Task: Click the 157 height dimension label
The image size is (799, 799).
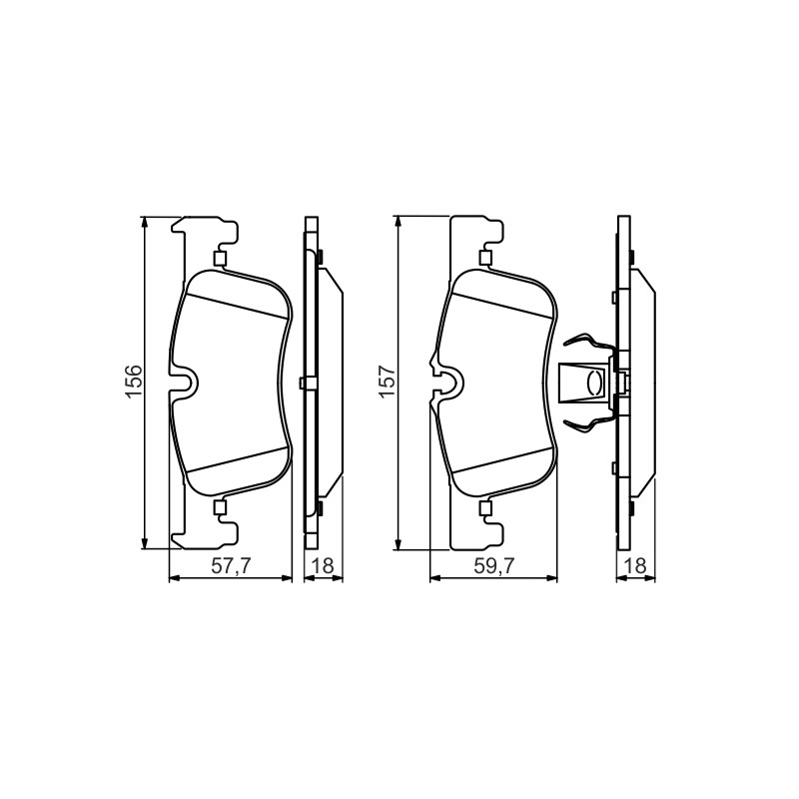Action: [x=388, y=382]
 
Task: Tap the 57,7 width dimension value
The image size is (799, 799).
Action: [x=230, y=565]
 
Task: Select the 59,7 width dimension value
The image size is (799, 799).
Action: [x=492, y=565]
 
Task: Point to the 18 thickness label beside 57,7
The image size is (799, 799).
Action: [x=323, y=565]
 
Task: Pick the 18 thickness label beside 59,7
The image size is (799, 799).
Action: [x=635, y=565]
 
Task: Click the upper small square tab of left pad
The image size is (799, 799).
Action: [x=220, y=260]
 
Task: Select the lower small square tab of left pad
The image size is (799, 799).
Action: [x=220, y=506]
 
